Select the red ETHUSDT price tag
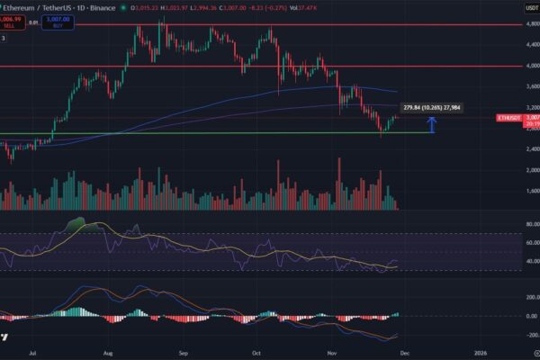click(510, 118)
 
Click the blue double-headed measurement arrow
click(433, 125)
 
